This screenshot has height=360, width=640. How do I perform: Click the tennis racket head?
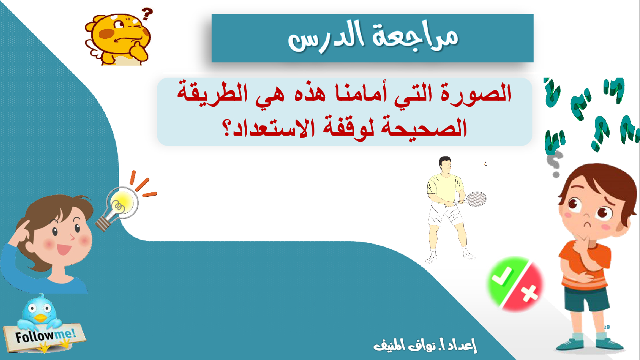click(476, 199)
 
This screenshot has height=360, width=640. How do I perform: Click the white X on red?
click(529, 293)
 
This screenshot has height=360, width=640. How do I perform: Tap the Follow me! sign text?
click(45, 336)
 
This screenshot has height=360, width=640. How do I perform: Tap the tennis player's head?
click(445, 164)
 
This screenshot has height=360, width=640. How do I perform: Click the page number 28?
click(607, 328)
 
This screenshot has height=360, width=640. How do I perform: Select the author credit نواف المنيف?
click(404, 345)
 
